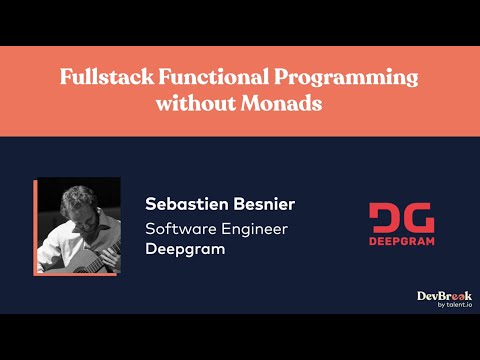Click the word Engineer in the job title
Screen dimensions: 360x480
point(256,229)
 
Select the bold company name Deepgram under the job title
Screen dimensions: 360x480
point(185,249)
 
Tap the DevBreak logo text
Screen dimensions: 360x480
point(443,297)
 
